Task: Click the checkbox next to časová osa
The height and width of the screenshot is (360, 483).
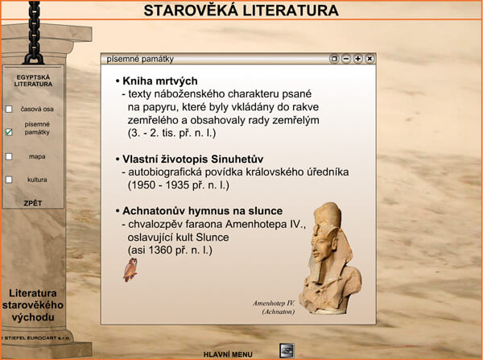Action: (x=9, y=109)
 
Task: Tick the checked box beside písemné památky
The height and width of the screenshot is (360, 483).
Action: (x=9, y=132)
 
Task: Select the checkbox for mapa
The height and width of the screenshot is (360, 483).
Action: (x=9, y=156)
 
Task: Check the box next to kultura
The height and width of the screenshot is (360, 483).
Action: (x=9, y=180)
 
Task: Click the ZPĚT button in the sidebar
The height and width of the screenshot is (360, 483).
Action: (x=33, y=203)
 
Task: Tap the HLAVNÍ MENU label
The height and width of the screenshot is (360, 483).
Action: (x=228, y=354)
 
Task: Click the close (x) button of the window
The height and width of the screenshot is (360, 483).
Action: (x=369, y=59)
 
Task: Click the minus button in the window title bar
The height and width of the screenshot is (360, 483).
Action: (x=346, y=59)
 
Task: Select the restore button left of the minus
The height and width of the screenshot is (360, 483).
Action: (x=334, y=59)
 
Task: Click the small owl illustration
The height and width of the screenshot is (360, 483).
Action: (x=130, y=270)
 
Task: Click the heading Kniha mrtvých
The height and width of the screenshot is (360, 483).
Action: (x=160, y=81)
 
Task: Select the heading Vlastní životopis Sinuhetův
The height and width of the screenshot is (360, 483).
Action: (x=193, y=159)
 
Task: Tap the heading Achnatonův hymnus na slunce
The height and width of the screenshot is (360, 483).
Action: (x=202, y=211)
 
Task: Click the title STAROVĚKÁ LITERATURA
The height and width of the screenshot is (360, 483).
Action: (x=242, y=10)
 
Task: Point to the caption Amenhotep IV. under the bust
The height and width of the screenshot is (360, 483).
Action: (x=274, y=304)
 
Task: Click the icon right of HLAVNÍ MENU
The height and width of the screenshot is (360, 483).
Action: (x=287, y=351)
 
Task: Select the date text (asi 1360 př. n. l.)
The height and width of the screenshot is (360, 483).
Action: (x=170, y=250)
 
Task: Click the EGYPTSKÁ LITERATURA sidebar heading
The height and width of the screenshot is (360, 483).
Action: (x=33, y=81)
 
